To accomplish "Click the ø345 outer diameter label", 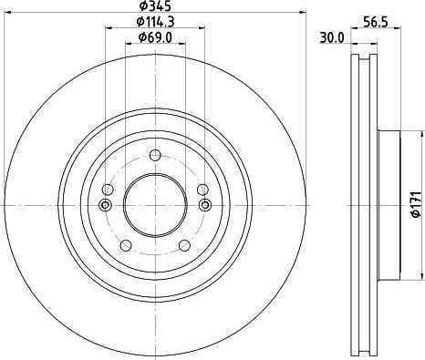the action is coord(155,5).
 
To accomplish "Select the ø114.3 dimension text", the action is coord(155,21).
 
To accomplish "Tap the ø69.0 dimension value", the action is coord(155,37).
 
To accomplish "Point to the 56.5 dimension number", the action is coord(376,22).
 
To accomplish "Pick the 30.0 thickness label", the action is coord(332,38).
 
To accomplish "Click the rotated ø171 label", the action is coord(416,204).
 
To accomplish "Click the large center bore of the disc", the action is coord(155,205).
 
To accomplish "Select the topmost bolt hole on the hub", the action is coord(155,155).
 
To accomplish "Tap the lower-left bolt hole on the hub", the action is coord(126,245).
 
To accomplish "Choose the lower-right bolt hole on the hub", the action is coord(184,245).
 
